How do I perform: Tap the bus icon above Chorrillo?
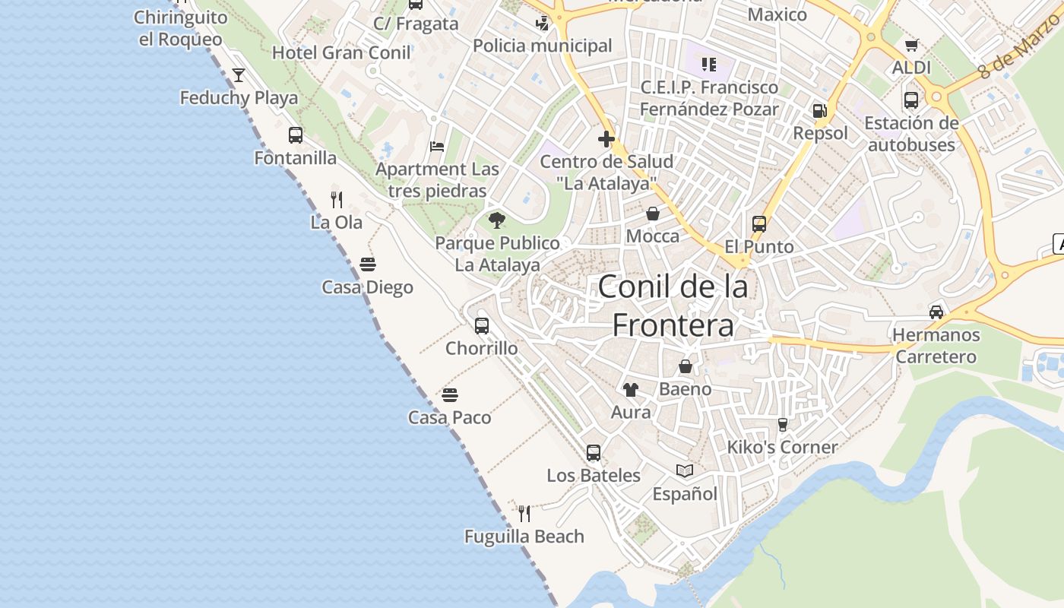tap(482, 326)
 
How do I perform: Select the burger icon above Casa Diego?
tap(368, 264)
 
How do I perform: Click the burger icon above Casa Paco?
tap(450, 395)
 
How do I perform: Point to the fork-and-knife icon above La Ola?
tap(337, 200)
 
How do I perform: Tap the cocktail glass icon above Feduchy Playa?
tap(239, 74)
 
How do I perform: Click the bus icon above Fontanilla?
tap(296, 135)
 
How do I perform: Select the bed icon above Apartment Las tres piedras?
tap(437, 146)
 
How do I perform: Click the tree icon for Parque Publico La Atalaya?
tap(497, 220)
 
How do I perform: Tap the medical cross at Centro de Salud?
tap(606, 139)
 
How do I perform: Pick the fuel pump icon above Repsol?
tap(820, 111)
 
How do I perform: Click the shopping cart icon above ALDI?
tap(912, 45)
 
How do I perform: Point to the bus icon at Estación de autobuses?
tap(911, 100)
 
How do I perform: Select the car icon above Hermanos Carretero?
tap(936, 312)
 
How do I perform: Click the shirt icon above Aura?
tap(631, 390)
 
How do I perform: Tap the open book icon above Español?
tap(685, 471)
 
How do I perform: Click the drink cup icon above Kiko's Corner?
tap(783, 424)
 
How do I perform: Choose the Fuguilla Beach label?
tap(524, 537)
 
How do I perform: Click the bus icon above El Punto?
tap(759, 224)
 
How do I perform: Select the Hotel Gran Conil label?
tap(341, 52)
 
